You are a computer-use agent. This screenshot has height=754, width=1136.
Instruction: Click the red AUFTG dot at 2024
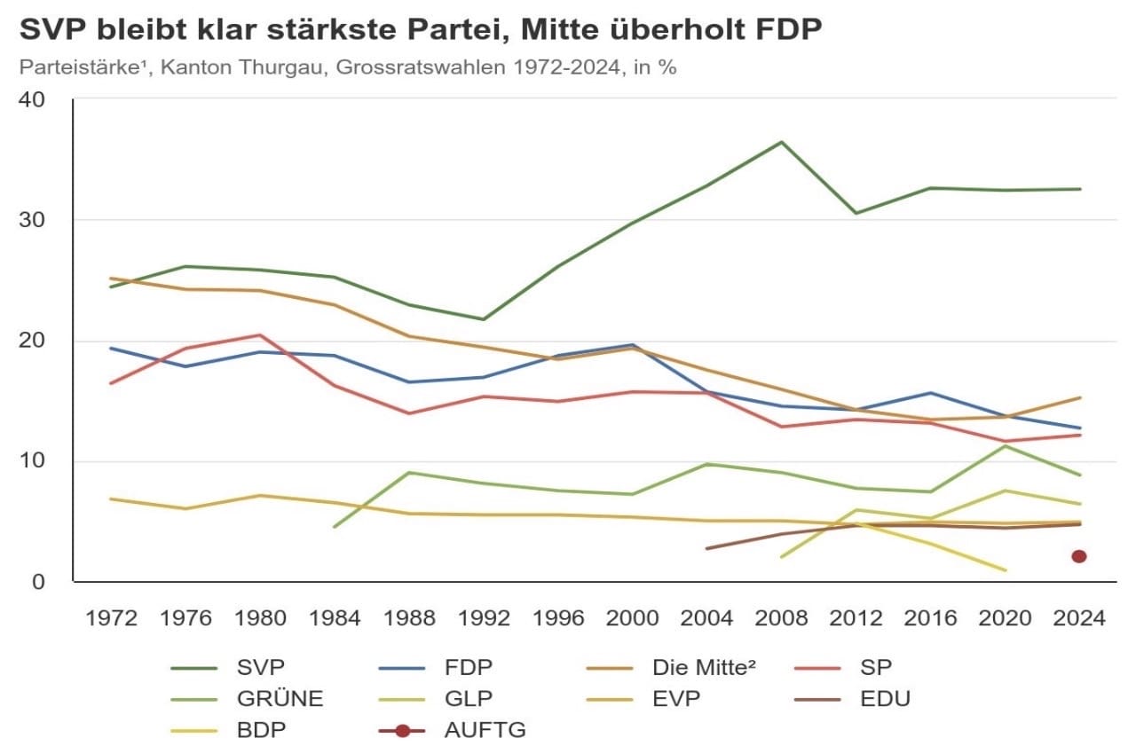(x=1079, y=556)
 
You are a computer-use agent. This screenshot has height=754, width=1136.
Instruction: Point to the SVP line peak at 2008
(x=781, y=142)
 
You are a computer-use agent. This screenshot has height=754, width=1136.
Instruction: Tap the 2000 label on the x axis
(x=632, y=618)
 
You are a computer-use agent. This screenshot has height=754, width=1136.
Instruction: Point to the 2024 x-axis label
(x=1079, y=618)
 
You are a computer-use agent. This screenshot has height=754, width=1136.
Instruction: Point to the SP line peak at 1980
(x=258, y=335)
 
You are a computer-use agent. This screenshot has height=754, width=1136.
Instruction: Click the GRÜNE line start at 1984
(x=334, y=527)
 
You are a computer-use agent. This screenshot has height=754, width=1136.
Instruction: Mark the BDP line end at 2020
(x=1005, y=570)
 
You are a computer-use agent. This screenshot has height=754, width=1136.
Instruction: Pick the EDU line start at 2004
(x=706, y=548)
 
